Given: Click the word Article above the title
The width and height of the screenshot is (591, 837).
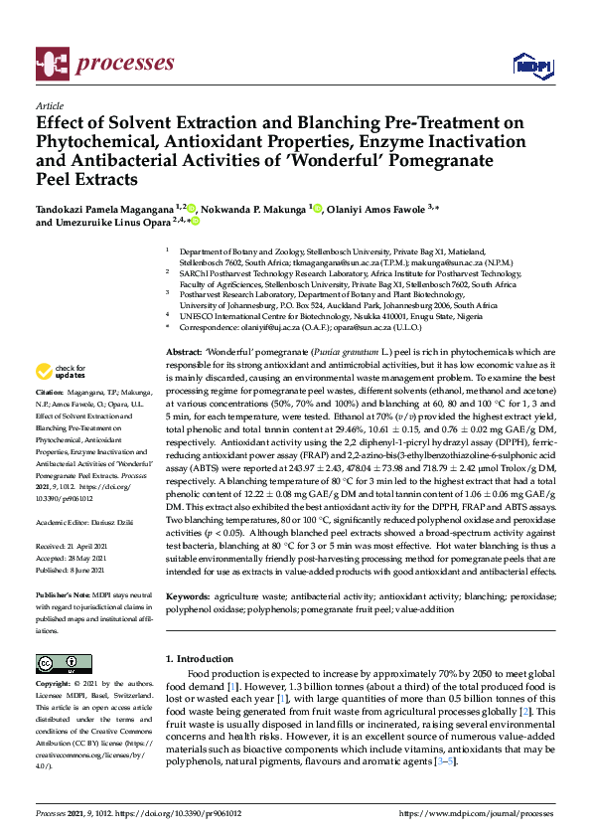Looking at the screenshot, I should (49, 105).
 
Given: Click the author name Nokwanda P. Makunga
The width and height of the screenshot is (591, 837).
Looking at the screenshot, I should (253, 210).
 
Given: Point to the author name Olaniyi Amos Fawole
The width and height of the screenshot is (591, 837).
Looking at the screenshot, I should (376, 210).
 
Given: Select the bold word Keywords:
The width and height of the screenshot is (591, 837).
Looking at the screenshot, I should (189, 596).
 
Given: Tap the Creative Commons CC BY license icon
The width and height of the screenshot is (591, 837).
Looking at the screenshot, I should (57, 662).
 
